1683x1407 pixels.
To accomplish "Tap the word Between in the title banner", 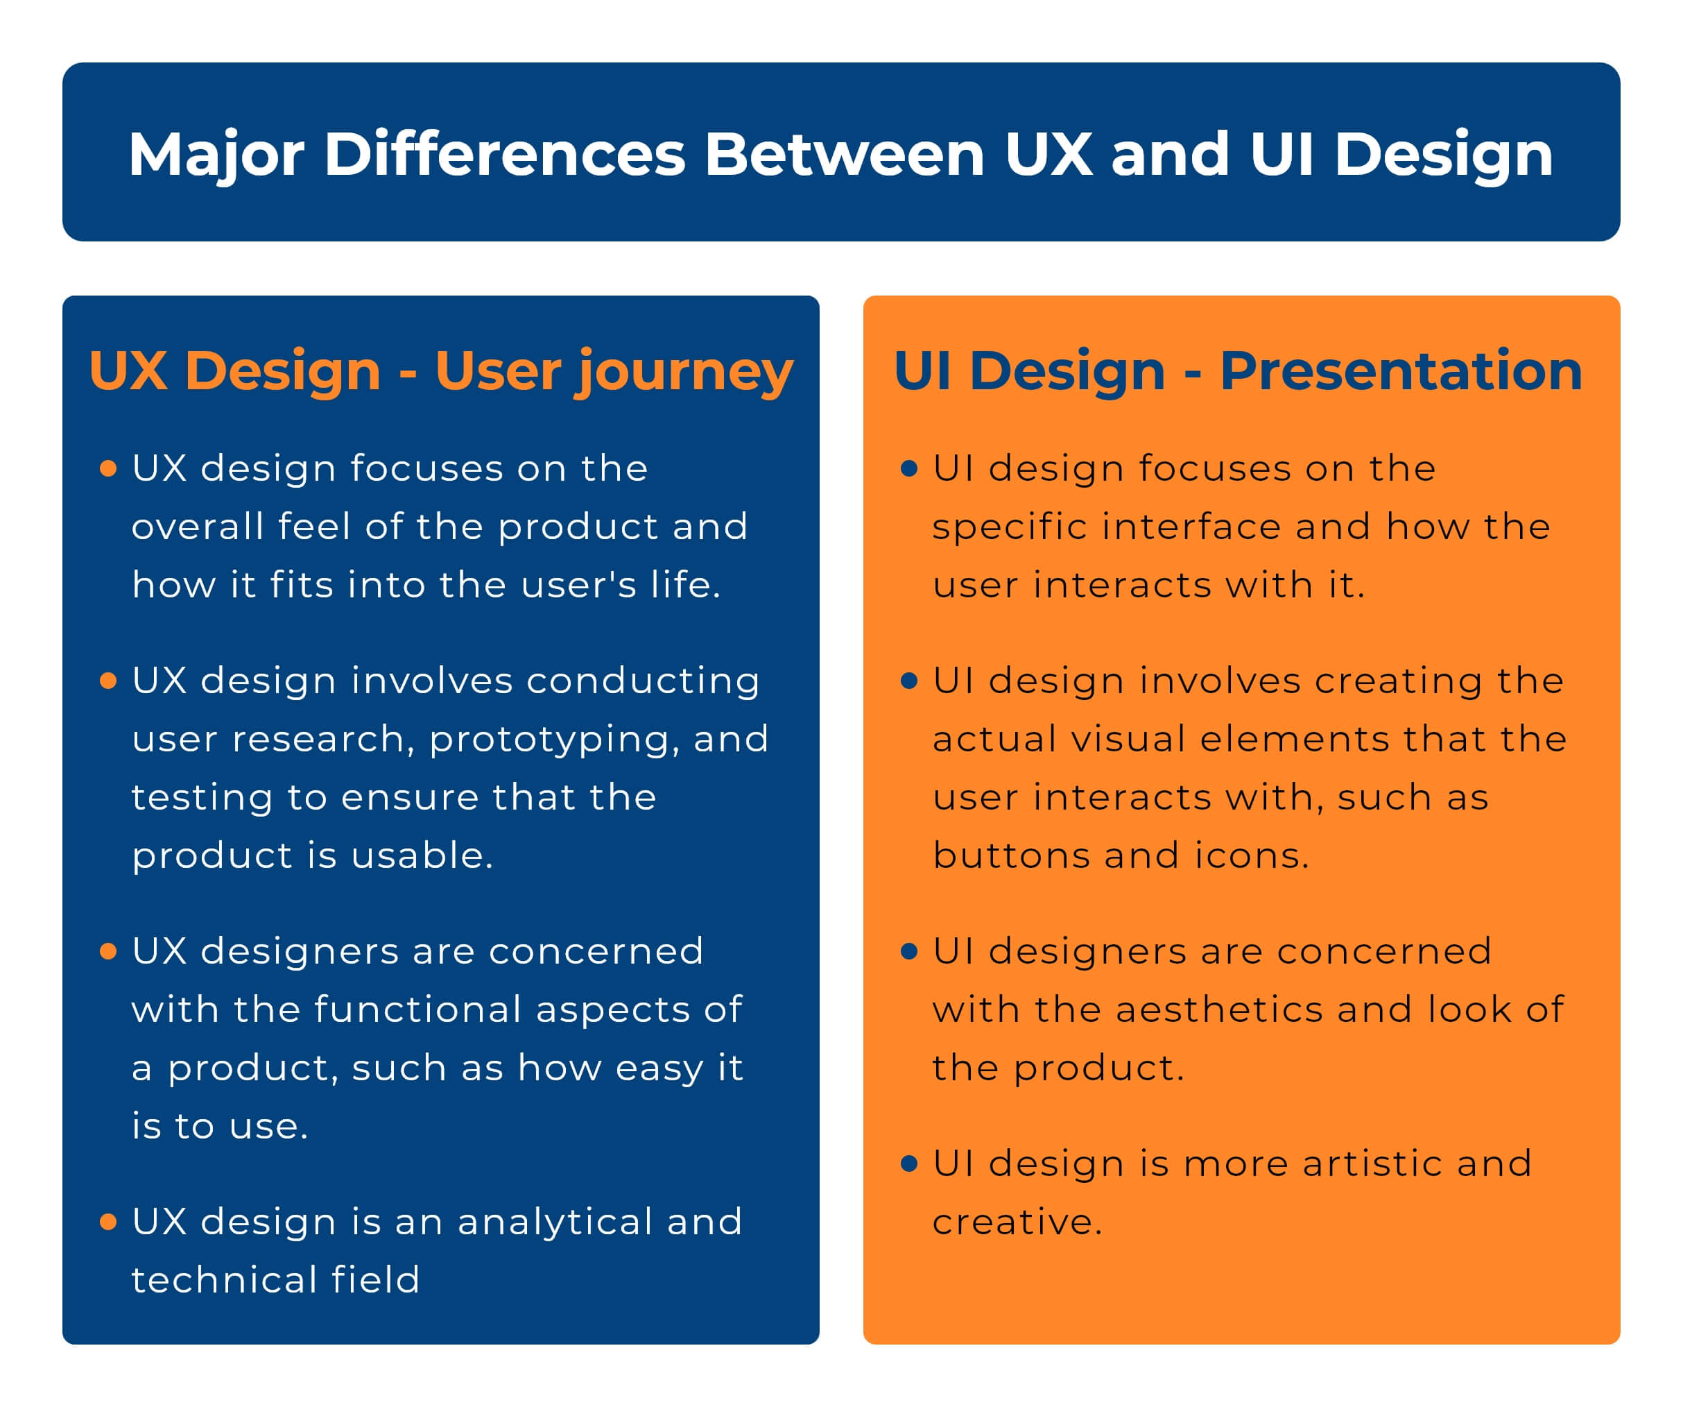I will click(844, 154).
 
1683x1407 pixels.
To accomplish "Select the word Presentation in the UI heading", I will click(1400, 370).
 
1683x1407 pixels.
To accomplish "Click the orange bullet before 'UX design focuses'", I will click(108, 468).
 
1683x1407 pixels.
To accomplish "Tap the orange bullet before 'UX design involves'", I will click(108, 681).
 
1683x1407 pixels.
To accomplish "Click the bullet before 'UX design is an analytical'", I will click(108, 1221).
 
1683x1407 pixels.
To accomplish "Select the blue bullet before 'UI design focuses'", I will click(909, 468).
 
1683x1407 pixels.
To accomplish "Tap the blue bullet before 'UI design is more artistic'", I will click(909, 1163).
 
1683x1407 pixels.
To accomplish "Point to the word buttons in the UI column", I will click(1010, 855).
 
